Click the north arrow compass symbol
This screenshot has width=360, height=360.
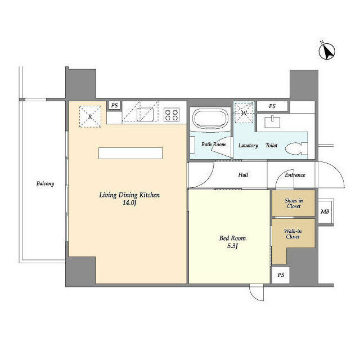point(327,51)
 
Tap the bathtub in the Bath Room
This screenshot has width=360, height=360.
point(210,119)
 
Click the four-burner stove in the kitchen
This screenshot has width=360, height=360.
point(172,115)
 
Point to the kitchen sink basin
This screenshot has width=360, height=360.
point(145,114)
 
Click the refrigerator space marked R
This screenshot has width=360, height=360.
point(90,116)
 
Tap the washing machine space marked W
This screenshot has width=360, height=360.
point(244,113)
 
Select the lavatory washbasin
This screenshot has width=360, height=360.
point(272,122)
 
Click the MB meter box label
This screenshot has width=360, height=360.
point(325,211)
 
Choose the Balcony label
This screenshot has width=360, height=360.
point(45,183)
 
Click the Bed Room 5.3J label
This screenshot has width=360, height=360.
point(232,242)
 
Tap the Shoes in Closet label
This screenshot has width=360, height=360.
point(294,204)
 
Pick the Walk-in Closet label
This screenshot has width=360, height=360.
point(292,234)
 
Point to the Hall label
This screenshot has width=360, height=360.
point(243,175)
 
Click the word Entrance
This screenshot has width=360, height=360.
point(295,175)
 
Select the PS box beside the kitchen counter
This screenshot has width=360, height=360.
point(114,106)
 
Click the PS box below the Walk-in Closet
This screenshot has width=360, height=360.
point(281,275)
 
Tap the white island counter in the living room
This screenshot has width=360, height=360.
point(130,153)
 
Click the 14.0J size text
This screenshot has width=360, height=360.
point(129,202)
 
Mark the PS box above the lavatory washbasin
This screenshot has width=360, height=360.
point(272,106)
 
